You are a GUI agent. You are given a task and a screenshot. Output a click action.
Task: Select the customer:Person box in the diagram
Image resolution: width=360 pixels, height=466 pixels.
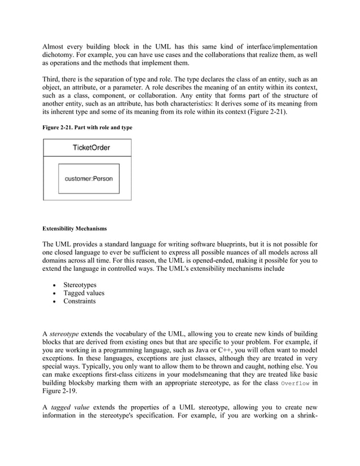point(89,178)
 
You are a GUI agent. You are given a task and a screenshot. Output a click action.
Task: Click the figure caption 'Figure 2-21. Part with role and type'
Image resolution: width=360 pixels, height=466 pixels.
point(87,128)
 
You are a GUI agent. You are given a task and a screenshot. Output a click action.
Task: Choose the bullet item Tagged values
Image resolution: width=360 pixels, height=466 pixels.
point(84,293)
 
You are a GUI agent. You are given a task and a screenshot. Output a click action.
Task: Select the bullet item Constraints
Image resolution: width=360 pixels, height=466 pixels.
point(80,301)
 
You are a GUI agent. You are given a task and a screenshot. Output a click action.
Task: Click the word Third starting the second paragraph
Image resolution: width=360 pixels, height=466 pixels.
point(53,80)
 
